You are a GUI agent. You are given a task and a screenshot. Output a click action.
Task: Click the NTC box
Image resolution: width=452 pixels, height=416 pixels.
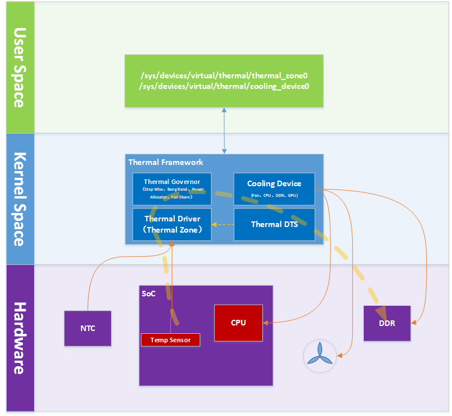(88, 328)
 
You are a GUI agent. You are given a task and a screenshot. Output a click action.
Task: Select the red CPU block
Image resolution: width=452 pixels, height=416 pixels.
(238, 323)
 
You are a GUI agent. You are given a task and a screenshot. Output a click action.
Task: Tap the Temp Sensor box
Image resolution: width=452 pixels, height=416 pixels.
(170, 339)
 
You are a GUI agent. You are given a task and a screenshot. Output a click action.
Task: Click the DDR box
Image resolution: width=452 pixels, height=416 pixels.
(387, 323)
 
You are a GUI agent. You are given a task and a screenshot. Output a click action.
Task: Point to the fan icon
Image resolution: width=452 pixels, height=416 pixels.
(320, 356)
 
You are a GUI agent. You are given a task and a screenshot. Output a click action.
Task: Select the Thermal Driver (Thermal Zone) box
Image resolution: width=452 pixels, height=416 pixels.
(172, 224)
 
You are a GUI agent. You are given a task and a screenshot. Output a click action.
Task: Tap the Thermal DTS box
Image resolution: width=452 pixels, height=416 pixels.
(274, 224)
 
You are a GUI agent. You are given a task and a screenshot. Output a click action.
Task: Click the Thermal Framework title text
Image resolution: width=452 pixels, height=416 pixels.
(166, 162)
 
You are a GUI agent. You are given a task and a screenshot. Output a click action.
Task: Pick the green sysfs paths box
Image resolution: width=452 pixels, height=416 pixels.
(224, 81)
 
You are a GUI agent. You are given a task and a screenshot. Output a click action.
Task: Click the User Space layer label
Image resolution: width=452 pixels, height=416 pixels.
(18, 67)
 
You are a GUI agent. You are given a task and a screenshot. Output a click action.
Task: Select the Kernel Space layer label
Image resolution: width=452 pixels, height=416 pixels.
(18, 198)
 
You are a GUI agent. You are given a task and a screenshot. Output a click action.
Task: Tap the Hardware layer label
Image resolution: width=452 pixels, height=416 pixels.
(18, 338)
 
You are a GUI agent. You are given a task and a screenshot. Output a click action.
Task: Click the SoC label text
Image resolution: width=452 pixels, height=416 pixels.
(148, 293)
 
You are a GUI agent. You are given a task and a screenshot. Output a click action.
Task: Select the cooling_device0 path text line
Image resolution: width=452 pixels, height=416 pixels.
(224, 87)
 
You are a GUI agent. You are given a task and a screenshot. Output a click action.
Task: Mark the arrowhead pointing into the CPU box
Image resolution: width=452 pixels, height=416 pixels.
(266, 323)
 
